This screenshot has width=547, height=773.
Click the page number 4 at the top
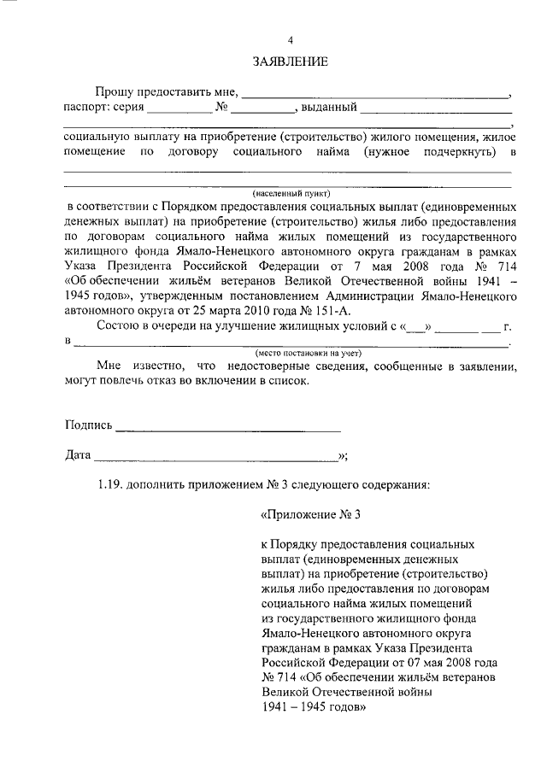290,41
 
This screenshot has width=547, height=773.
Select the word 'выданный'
328,108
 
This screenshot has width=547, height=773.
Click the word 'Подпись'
88,425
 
